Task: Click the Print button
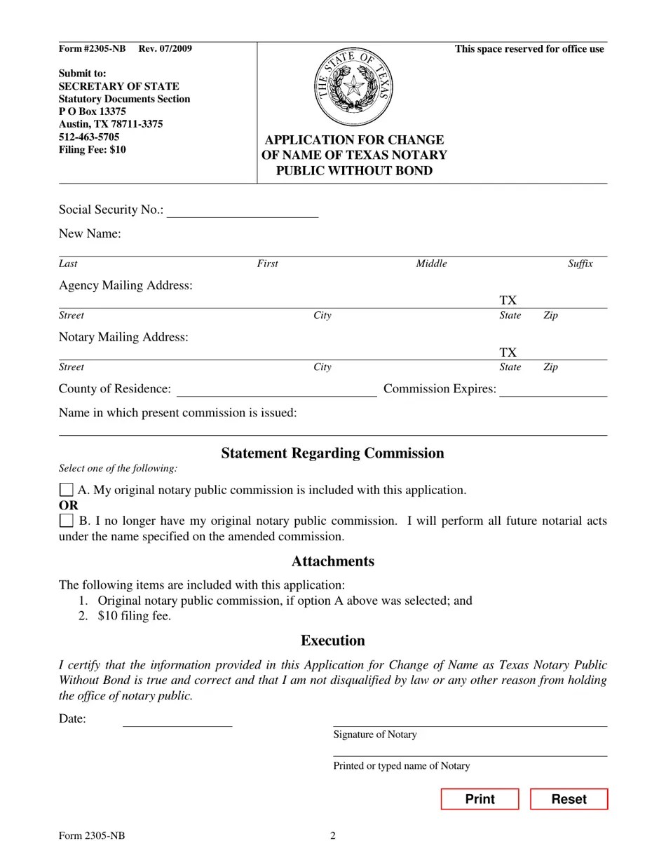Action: coord(480,799)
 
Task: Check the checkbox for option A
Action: coord(66,490)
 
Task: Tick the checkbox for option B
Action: coord(66,521)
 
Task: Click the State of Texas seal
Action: coord(353,88)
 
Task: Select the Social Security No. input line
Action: coord(243,211)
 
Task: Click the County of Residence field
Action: coord(276,390)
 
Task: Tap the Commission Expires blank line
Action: coord(552,390)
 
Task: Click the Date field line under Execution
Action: coord(177,720)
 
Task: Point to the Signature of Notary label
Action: coord(375,734)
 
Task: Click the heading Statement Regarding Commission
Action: coord(332,453)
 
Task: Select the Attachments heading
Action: coord(332,561)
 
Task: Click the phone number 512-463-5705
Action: coord(89,137)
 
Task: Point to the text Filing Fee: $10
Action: coord(93,149)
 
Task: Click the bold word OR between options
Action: coord(69,505)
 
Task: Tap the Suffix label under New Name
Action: coord(580,264)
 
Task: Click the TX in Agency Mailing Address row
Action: coord(508,301)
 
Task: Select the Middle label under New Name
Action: coord(431,264)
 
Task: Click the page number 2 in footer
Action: coord(333,835)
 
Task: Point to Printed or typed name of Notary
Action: coord(401,766)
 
